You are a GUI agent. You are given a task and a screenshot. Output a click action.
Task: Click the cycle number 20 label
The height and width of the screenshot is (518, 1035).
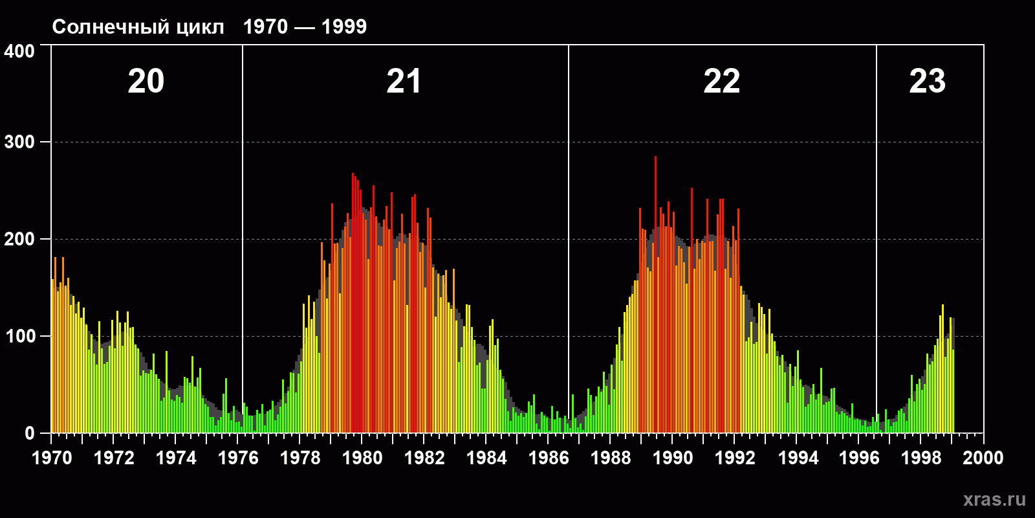pyautogui.click(x=146, y=82)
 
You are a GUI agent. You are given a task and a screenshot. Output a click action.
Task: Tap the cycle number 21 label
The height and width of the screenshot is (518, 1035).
pyautogui.click(x=404, y=82)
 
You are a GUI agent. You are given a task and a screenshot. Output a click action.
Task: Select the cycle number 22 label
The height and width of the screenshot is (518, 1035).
pyautogui.click(x=721, y=82)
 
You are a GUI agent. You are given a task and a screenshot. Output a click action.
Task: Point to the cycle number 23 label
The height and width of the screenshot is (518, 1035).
pyautogui.click(x=927, y=82)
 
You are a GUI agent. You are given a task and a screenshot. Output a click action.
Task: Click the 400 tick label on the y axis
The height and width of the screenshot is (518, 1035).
pyautogui.click(x=19, y=52)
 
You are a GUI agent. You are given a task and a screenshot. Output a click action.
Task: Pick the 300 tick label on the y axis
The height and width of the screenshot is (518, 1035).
pyautogui.click(x=19, y=142)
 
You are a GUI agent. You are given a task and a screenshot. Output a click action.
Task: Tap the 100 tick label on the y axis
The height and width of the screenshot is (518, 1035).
pyautogui.click(x=19, y=337)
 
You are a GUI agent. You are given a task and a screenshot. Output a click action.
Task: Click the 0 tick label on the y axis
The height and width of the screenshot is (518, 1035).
pyautogui.click(x=30, y=434)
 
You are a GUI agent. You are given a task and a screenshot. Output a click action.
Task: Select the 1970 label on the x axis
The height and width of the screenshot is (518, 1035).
pyautogui.click(x=52, y=458)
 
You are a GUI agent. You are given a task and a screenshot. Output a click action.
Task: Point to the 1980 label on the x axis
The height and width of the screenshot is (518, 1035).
pyautogui.click(x=362, y=458)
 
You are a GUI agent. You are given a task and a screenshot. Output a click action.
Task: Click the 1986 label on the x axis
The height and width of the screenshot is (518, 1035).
pyautogui.click(x=549, y=458)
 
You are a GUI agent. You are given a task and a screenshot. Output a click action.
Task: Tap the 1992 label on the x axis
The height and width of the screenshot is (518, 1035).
pyautogui.click(x=735, y=458)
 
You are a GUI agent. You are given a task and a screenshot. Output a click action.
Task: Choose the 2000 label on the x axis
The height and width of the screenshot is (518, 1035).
pyautogui.click(x=983, y=458)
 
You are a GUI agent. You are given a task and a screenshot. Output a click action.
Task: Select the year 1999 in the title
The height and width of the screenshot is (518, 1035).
pyautogui.click(x=344, y=27)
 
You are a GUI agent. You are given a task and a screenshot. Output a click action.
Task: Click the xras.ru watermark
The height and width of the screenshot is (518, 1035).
pyautogui.click(x=994, y=499)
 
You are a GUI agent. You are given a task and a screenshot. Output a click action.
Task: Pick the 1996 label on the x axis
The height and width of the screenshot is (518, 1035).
pyautogui.click(x=859, y=458)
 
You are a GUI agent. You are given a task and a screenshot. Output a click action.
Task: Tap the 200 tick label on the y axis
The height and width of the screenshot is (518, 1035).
pyautogui.click(x=19, y=240)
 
